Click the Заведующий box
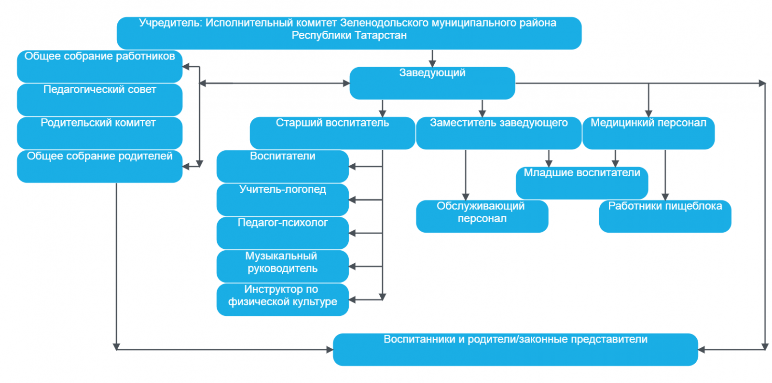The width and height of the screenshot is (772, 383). (x=432, y=83)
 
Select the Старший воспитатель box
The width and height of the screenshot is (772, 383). (x=332, y=133)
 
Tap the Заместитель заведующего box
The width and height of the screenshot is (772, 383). (x=498, y=133)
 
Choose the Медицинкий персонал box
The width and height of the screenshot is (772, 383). (x=648, y=133)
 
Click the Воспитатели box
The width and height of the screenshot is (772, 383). (x=282, y=166)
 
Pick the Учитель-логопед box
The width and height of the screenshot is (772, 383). (x=282, y=199)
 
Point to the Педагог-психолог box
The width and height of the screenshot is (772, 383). (x=282, y=233)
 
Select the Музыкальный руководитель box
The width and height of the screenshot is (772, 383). (x=282, y=266)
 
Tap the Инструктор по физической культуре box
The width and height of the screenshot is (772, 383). (x=282, y=299)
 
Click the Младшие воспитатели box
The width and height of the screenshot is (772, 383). (x=581, y=183)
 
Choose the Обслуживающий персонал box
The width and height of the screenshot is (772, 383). (x=482, y=216)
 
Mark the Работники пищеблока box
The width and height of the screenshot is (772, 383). (x=664, y=216)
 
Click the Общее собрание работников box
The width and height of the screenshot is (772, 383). (x=99, y=66)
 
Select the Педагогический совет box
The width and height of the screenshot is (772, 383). (x=99, y=99)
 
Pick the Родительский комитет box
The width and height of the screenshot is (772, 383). (x=99, y=133)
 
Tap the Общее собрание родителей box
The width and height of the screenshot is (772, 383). (x=99, y=166)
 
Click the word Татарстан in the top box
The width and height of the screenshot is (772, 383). (x=381, y=35)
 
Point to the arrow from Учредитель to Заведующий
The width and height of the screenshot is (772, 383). (x=432, y=58)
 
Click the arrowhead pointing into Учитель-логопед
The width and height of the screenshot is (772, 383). (x=352, y=199)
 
